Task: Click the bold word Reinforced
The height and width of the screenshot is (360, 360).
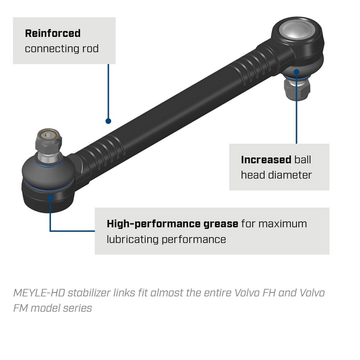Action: tap(53, 33)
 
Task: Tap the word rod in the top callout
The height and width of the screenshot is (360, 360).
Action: tap(90, 49)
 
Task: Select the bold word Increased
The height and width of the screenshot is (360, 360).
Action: tap(266, 160)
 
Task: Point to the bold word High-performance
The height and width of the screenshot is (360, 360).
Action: tap(154, 224)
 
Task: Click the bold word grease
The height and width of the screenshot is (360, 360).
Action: tap(221, 224)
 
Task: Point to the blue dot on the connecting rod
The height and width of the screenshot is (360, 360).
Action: tap(108, 121)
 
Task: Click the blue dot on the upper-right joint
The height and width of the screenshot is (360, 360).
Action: tap(297, 72)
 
